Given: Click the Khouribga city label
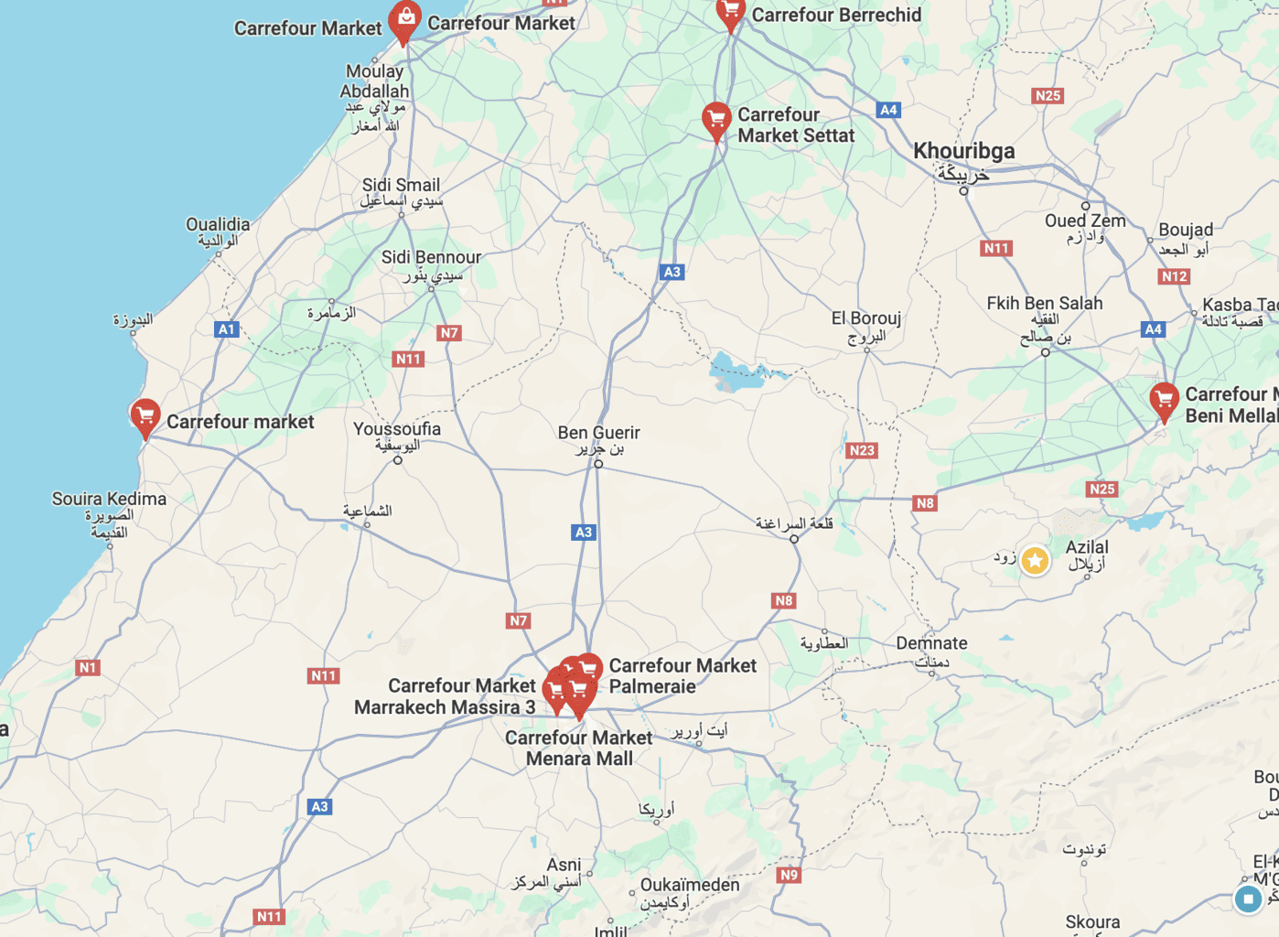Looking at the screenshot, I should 963,151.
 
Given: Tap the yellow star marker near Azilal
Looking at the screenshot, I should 1035,560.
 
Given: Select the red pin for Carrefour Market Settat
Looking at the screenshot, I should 716,120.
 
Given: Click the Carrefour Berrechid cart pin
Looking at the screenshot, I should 730,13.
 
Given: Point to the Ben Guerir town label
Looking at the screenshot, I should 598,433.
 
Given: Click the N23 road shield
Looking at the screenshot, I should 862,450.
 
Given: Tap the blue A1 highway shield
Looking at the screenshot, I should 227,329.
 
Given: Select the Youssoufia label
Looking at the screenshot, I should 397,429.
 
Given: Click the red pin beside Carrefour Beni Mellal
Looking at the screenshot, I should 1164,400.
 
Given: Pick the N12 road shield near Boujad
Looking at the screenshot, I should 1174,276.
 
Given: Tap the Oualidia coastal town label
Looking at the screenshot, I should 218,225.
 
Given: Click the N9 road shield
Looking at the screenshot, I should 789,875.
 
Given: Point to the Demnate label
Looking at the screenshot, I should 931,643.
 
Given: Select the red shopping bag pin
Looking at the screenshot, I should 404,19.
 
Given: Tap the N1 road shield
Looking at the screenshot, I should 88,668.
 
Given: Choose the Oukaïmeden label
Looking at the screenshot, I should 690,885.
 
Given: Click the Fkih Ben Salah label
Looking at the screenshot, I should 1044,304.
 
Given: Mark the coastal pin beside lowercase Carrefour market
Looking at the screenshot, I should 145,416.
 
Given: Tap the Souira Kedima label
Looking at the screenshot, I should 109,500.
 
